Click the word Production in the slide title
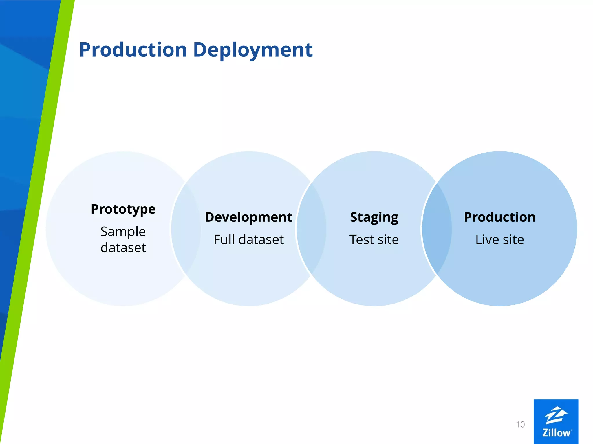tap(133, 50)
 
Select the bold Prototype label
tap(123, 209)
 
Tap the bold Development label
tap(248, 217)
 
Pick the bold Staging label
tap(374, 217)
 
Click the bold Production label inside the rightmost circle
tap(499, 217)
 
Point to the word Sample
tap(123, 232)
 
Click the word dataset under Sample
tap(123, 248)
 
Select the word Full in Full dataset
tap(224, 240)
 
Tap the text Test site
tap(374, 240)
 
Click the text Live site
tap(499, 240)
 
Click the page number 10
tap(520, 424)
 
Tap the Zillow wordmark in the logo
tap(556, 433)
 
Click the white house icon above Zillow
tap(556, 415)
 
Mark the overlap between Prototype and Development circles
tap(186, 228)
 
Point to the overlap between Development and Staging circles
tap(311, 228)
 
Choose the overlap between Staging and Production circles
tap(437, 228)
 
